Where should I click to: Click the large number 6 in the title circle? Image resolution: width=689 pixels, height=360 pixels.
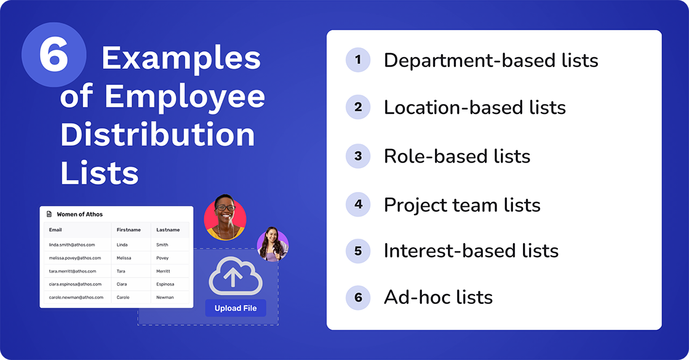tap(53, 56)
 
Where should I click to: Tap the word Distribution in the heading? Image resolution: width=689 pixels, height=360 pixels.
tap(157, 135)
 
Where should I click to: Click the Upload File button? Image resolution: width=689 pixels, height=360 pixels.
tap(236, 308)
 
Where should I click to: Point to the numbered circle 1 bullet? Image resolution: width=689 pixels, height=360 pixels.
tap(358, 60)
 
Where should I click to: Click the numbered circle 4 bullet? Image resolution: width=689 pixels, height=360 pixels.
tap(358, 204)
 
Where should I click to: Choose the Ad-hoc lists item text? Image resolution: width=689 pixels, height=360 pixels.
tap(438, 297)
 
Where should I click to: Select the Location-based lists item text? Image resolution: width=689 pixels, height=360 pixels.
tap(474, 107)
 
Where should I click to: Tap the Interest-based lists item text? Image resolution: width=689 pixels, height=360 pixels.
tap(471, 250)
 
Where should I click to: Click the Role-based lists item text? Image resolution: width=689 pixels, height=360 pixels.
tap(456, 156)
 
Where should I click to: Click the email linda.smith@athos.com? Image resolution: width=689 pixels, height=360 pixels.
tap(72, 244)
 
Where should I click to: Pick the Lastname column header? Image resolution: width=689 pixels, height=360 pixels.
tap(168, 230)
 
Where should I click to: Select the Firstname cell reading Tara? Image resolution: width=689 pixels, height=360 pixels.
tap(121, 271)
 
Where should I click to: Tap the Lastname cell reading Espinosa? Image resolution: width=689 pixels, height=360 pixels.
tap(165, 284)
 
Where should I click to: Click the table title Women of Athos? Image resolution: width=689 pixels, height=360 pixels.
tap(79, 214)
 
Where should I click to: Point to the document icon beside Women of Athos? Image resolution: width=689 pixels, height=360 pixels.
tap(49, 214)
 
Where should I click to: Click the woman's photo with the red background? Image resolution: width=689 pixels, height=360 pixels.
tap(225, 217)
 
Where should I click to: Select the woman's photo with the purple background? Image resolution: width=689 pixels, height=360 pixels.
tap(273, 243)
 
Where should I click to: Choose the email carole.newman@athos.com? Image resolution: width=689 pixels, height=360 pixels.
tap(76, 297)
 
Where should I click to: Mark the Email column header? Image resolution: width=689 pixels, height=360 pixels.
tap(55, 230)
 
